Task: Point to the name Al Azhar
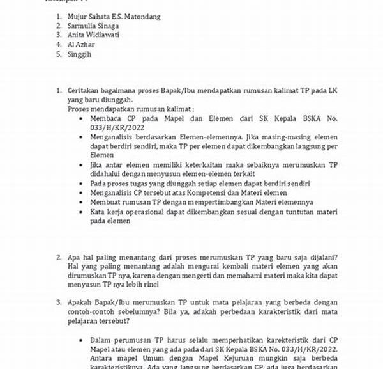tap(81, 45)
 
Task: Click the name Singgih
tap(79, 55)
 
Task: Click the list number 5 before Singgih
tap(58, 55)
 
